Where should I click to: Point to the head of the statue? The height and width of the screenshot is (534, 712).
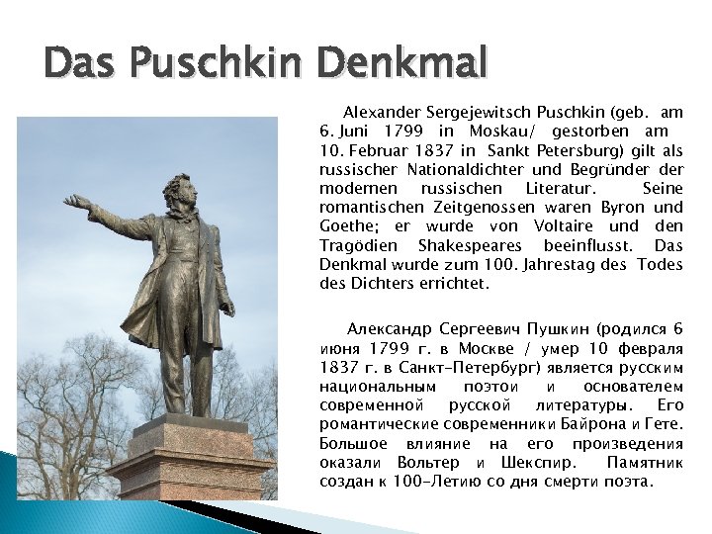point(179,192)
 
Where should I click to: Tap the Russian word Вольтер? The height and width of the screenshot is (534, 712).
point(427,463)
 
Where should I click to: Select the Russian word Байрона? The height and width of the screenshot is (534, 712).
point(595,425)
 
